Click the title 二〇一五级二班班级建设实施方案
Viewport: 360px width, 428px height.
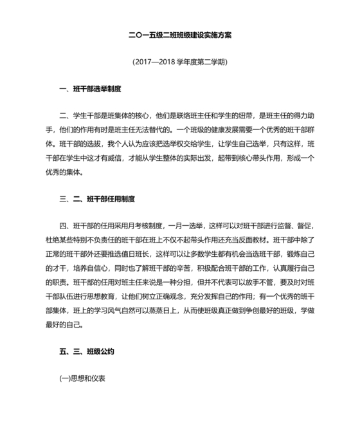(180, 35)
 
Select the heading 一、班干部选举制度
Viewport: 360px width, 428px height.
(89, 88)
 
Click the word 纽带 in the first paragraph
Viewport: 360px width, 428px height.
(240, 116)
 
